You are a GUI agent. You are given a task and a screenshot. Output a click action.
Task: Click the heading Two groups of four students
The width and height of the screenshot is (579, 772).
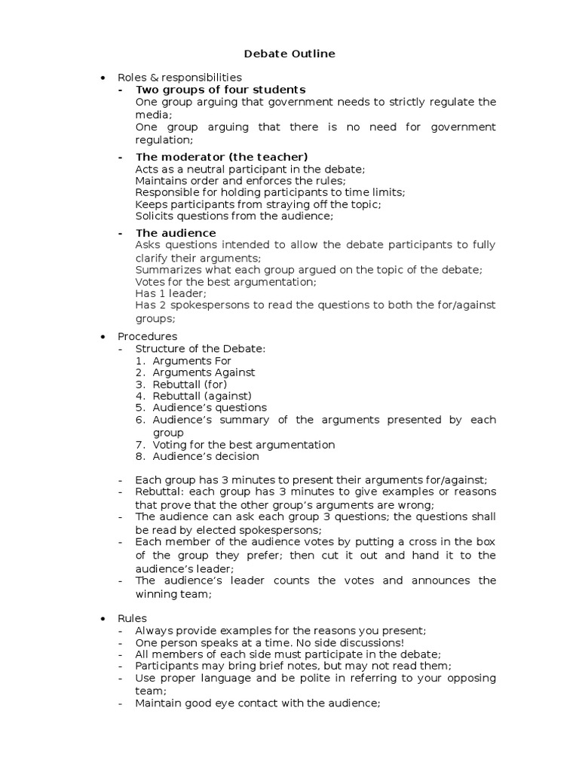(220, 90)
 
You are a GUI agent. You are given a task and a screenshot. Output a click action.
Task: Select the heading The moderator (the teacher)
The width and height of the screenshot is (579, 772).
(222, 157)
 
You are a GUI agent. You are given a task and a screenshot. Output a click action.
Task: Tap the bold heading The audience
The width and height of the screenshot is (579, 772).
(176, 233)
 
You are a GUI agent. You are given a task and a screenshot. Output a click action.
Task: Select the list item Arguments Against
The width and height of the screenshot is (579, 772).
(204, 372)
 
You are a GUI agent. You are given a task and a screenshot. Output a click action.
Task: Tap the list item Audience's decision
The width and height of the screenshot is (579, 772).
(205, 456)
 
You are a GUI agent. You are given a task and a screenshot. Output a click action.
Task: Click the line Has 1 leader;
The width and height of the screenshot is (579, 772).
(170, 294)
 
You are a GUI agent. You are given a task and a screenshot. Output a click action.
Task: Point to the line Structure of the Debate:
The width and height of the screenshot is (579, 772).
(200, 349)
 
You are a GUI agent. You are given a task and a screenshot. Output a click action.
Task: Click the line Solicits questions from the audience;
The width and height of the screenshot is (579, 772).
(234, 216)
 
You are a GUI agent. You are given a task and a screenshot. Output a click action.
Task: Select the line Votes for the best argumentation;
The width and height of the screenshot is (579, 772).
(225, 282)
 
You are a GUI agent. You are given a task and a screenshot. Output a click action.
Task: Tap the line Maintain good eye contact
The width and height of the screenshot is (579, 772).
(257, 703)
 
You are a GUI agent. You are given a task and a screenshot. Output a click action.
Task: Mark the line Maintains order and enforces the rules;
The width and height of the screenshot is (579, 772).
(240, 181)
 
